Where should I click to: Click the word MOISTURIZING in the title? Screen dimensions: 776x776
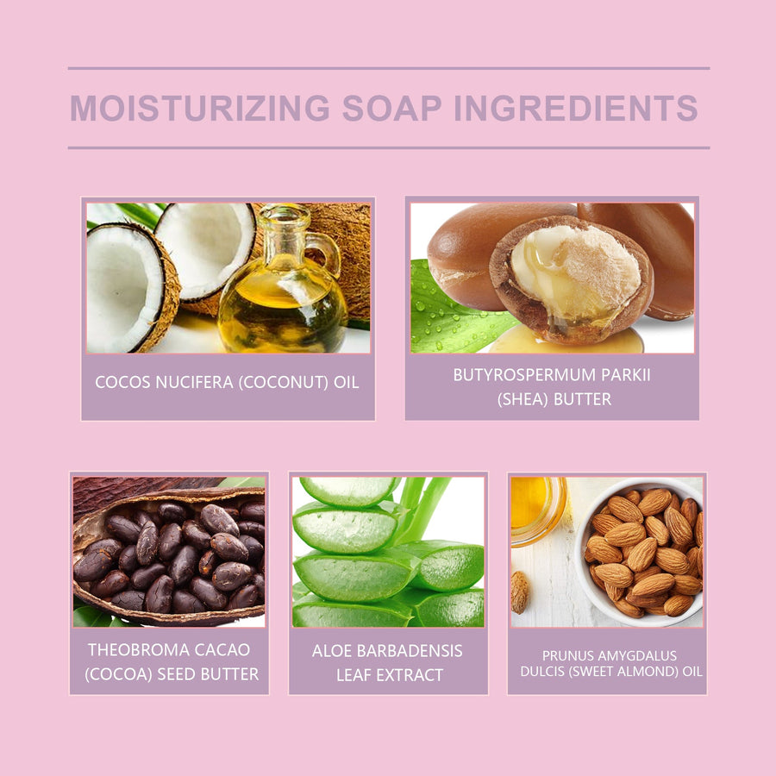(200, 108)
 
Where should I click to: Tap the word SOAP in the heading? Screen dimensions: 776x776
(392, 108)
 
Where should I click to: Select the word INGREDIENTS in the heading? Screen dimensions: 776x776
(576, 108)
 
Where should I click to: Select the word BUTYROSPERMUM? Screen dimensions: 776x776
(525, 375)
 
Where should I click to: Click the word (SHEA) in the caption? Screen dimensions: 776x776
(523, 399)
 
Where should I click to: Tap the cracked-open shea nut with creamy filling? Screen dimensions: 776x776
(571, 278)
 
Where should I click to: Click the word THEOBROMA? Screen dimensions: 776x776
(135, 650)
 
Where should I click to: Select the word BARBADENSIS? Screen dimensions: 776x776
(410, 651)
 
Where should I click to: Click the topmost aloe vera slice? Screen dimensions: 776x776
(349, 491)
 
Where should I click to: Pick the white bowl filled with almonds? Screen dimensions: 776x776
(639, 552)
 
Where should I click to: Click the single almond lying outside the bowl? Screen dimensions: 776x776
(520, 592)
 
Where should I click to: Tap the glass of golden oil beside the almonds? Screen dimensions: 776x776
(538, 510)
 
